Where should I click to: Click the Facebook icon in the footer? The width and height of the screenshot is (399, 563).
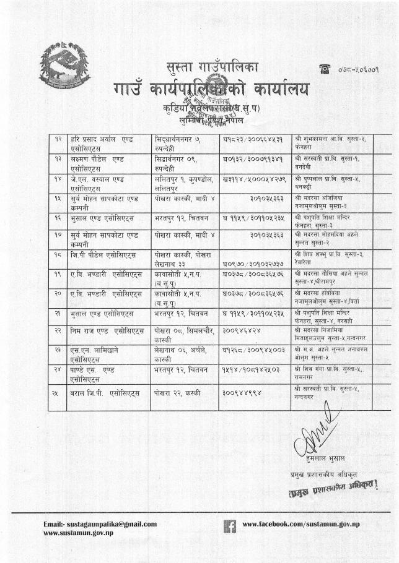228,526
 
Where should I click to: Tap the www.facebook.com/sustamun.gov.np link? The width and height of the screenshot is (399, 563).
301,525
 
